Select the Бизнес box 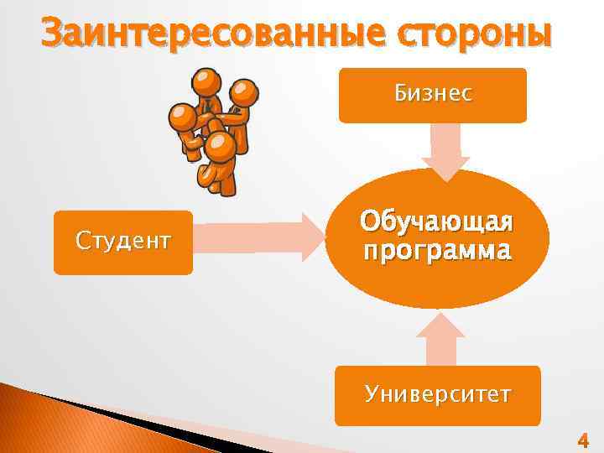pos(432,96)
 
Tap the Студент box pos(122,242)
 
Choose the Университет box pos(437,395)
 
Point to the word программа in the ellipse pos(436,250)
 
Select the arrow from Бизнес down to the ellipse pos(445,151)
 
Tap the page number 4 pos(583,440)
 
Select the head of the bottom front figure pos(220,148)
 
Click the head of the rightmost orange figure pos(243,92)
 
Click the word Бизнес pos(433,94)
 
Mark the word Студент pos(122,242)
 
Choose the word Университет pos(437,394)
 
